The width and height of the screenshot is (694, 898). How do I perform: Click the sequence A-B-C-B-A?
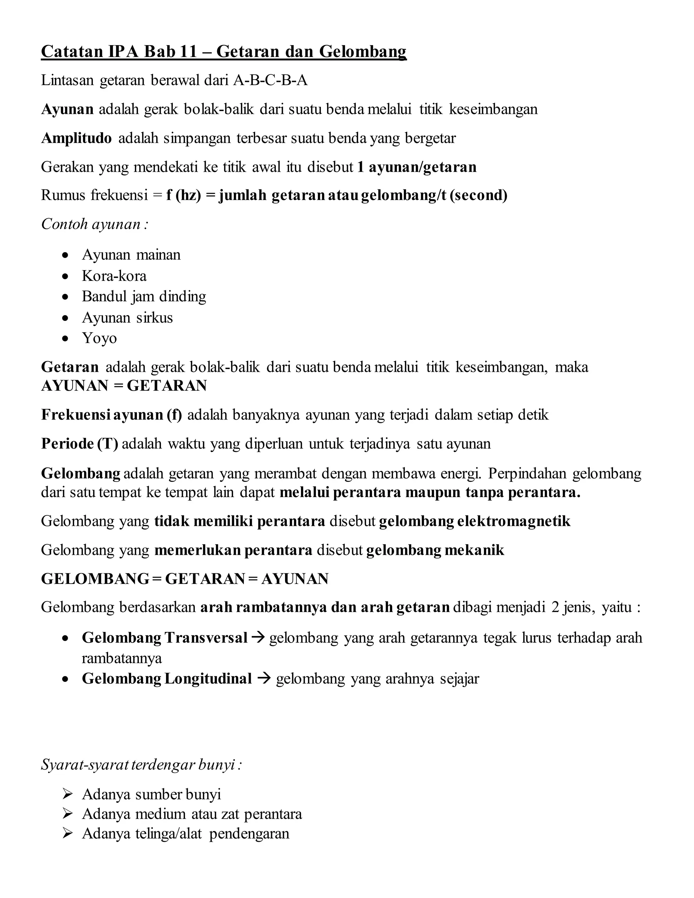[x=270, y=80]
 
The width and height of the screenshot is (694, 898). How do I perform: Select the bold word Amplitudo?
[x=77, y=138]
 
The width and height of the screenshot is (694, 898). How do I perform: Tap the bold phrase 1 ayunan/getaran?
[x=417, y=167]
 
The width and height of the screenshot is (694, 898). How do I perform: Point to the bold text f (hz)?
[x=183, y=195]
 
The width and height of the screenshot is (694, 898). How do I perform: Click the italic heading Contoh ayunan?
[x=94, y=224]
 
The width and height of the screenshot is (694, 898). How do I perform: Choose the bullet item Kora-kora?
[x=114, y=276]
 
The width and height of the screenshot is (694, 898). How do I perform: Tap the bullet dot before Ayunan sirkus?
[x=65, y=318]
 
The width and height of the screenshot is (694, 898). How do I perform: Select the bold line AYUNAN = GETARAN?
[x=124, y=386]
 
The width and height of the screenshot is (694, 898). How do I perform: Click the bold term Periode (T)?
[x=80, y=444]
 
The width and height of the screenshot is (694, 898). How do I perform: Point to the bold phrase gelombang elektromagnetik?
[x=474, y=522]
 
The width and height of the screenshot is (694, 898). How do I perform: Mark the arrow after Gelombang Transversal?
[x=258, y=638]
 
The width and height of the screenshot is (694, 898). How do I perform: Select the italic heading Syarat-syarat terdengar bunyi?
[x=141, y=765]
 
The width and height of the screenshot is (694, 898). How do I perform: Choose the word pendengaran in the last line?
[x=249, y=834]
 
